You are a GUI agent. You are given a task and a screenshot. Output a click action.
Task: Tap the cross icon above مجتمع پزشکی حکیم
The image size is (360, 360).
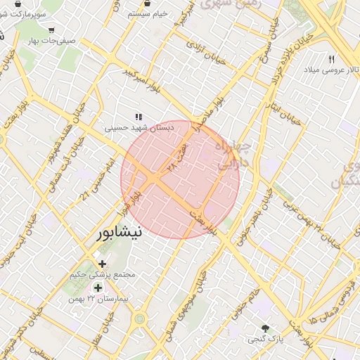103,264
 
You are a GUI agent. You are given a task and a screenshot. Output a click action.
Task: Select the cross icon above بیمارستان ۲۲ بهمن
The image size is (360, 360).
97,288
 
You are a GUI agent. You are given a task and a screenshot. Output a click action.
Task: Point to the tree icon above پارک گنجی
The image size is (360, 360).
265,328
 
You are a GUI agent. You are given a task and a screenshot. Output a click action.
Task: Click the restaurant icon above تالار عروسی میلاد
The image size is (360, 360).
331,60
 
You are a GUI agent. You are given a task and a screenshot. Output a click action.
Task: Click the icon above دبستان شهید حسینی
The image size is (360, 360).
139,117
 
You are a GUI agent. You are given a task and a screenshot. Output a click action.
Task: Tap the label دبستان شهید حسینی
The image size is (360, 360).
139,128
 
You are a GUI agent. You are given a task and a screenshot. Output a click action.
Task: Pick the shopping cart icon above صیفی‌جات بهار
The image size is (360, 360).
51,30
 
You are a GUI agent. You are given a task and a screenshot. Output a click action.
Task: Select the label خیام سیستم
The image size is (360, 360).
148,15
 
